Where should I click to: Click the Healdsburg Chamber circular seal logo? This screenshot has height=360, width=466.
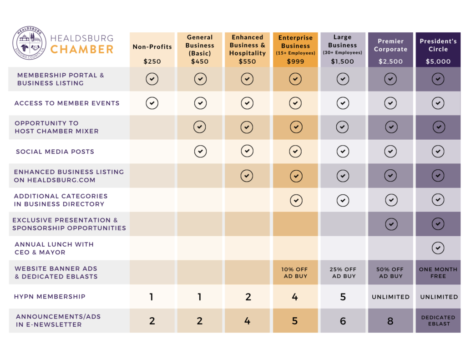click(30, 44)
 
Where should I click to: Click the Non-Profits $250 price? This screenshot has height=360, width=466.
click(152, 61)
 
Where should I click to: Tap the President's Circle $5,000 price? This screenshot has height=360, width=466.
click(438, 61)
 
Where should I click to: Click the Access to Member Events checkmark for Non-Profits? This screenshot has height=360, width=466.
click(152, 103)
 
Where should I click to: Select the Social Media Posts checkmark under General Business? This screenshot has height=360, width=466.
click(200, 151)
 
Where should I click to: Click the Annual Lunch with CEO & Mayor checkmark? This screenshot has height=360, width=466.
click(438, 248)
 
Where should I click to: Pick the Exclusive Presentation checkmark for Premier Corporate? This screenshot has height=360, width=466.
click(390, 224)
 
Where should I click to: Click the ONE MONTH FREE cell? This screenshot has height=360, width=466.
click(438, 273)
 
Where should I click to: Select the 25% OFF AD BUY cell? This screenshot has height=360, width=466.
click(343, 273)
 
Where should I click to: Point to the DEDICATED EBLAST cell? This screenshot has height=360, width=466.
click(438, 320)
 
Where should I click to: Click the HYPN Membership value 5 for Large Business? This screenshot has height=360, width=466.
click(343, 297)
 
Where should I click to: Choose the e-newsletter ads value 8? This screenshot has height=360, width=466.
click(390, 321)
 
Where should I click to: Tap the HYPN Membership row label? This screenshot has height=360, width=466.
click(50, 297)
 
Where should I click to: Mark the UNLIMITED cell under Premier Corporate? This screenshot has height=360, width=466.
click(390, 297)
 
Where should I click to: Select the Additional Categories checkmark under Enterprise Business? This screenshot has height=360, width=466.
click(295, 200)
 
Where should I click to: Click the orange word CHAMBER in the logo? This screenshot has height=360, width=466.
click(82, 49)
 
